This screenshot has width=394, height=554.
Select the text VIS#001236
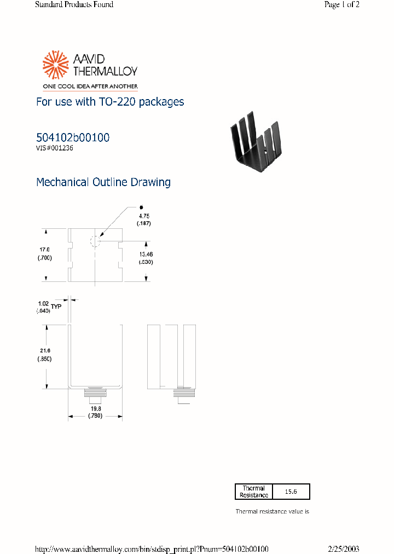[x=55, y=148]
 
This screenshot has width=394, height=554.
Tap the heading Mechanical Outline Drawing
[x=103, y=182]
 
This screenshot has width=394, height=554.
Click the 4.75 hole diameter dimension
[x=143, y=216]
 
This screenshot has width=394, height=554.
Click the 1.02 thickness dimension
[x=43, y=303]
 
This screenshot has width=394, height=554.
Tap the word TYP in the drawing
[x=57, y=307]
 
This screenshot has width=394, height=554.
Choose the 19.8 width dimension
[x=96, y=408]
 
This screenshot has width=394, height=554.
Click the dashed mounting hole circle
[x=95, y=241]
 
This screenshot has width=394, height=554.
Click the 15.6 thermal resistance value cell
[x=291, y=492]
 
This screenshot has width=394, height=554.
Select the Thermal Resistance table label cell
[x=253, y=492]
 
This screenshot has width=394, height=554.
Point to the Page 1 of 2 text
[x=341, y=5]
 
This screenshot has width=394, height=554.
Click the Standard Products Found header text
[x=74, y=5]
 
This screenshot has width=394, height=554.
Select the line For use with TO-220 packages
[x=109, y=102]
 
